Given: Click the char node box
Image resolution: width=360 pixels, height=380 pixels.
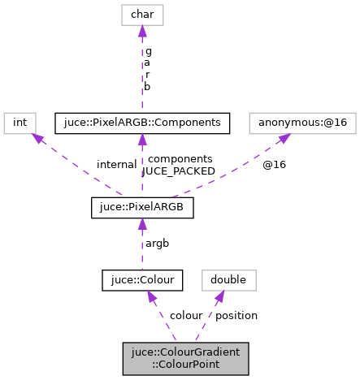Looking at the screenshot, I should click(x=142, y=14).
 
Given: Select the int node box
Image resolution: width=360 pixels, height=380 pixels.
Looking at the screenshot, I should click(x=20, y=123).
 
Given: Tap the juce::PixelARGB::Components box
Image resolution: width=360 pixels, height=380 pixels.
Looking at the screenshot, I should click(x=142, y=123).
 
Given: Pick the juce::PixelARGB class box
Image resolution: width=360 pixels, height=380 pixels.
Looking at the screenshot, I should click(x=142, y=208).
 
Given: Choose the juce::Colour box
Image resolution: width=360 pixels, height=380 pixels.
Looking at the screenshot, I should click(x=142, y=280).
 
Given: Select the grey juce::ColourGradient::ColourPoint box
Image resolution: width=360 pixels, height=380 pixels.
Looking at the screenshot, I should click(x=174, y=358).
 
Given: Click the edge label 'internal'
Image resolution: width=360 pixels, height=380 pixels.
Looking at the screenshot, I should click(x=116, y=164).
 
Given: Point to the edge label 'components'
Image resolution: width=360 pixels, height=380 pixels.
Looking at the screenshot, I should click(x=180, y=158).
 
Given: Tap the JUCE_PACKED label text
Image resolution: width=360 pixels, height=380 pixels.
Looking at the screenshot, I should click(x=178, y=171).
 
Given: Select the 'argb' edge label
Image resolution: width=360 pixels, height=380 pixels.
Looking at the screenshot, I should click(x=158, y=243).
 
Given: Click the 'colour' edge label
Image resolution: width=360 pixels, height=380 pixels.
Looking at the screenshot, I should click(x=186, y=315).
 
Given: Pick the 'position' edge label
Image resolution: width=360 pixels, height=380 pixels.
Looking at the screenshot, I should click(x=236, y=315).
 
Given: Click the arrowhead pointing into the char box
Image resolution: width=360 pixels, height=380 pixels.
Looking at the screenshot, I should click(x=142, y=31).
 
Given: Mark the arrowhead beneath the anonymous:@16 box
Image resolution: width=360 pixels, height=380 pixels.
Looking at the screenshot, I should click(x=284, y=139).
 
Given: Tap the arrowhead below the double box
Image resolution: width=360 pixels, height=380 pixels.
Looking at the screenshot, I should click(x=219, y=298).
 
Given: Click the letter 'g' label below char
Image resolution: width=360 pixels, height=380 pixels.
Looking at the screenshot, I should click(x=148, y=50).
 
